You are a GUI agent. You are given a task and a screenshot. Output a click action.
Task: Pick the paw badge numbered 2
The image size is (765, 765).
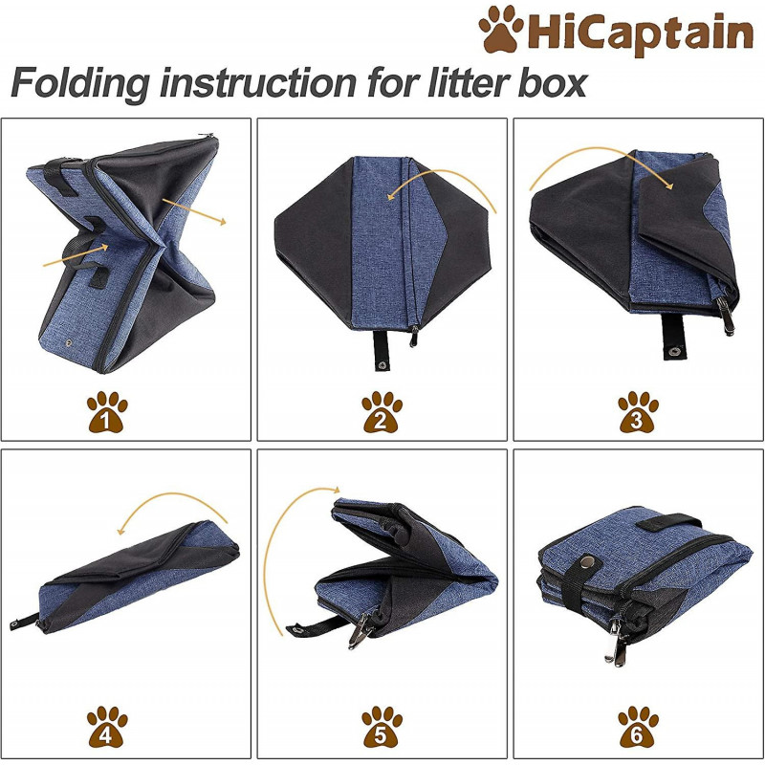[x=382, y=411]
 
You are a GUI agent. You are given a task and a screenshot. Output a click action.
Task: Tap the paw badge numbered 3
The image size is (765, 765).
[x=638, y=411]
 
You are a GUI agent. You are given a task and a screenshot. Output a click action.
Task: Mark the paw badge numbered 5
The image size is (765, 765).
[x=382, y=728]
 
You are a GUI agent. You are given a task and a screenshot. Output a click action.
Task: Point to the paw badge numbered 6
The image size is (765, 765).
[x=638, y=728]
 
